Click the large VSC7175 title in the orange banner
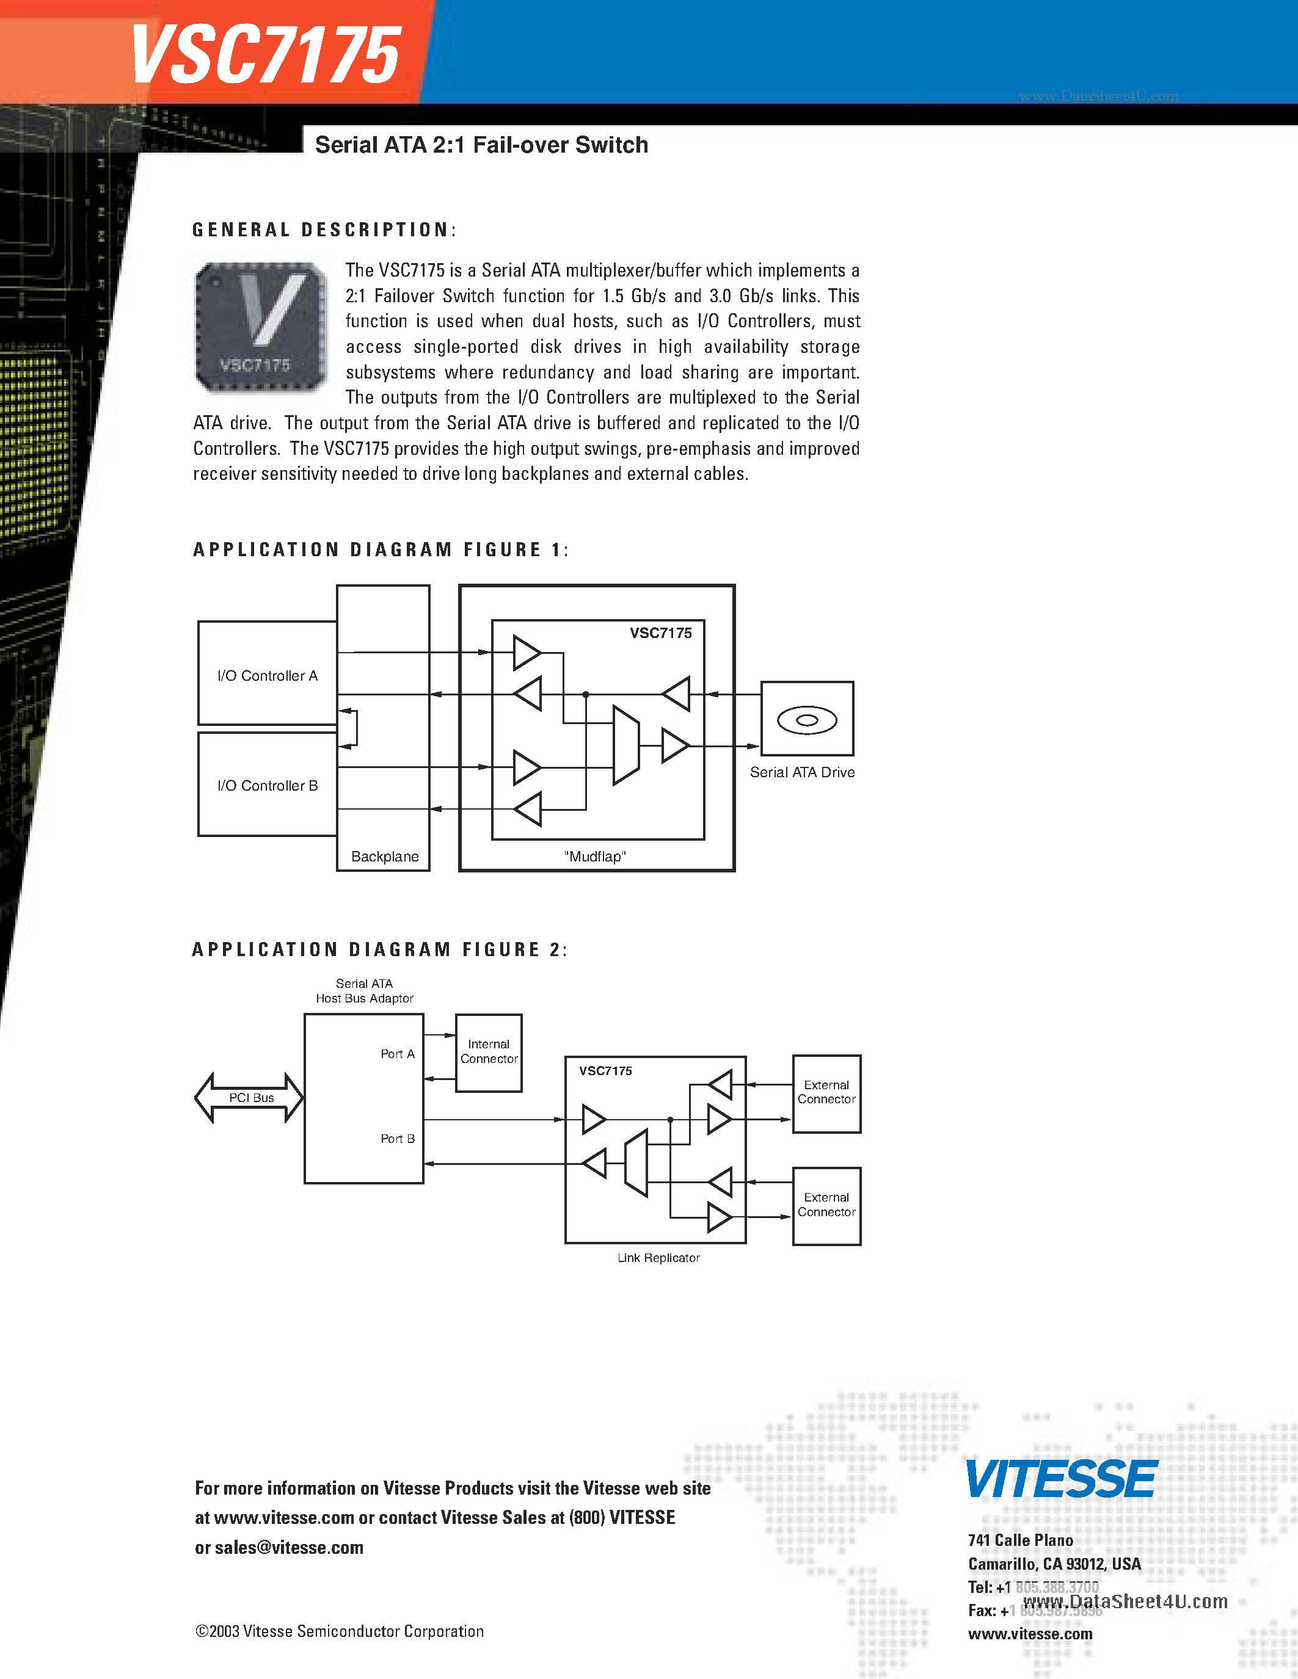pos(265,54)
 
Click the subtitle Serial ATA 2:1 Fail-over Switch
pos(481,145)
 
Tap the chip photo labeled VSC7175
pos(261,327)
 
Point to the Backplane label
pos(384,857)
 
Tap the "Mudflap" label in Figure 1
pos(595,857)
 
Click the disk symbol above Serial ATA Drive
pos(807,720)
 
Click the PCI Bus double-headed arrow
pos(250,1098)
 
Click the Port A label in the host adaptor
pos(398,1054)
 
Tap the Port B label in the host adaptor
pos(398,1139)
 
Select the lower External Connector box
pos(826,1205)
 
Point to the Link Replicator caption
pos(658,1258)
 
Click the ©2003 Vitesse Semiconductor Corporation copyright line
pos(340,1631)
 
